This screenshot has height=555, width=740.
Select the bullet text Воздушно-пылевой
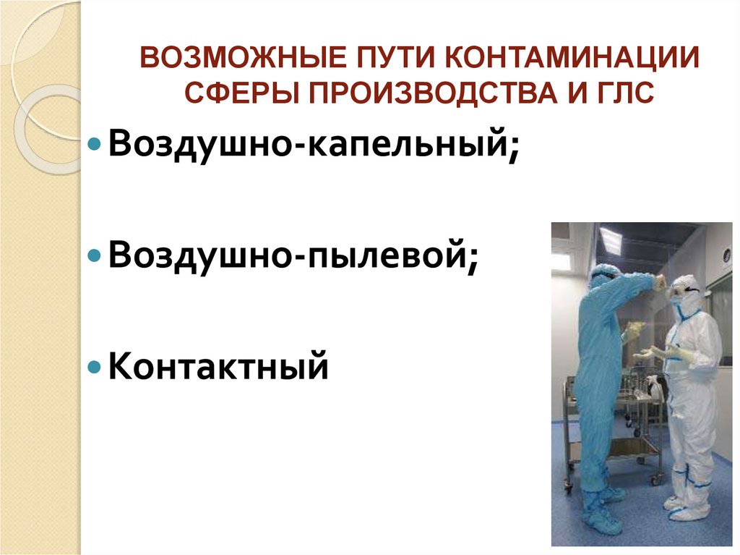293,254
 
